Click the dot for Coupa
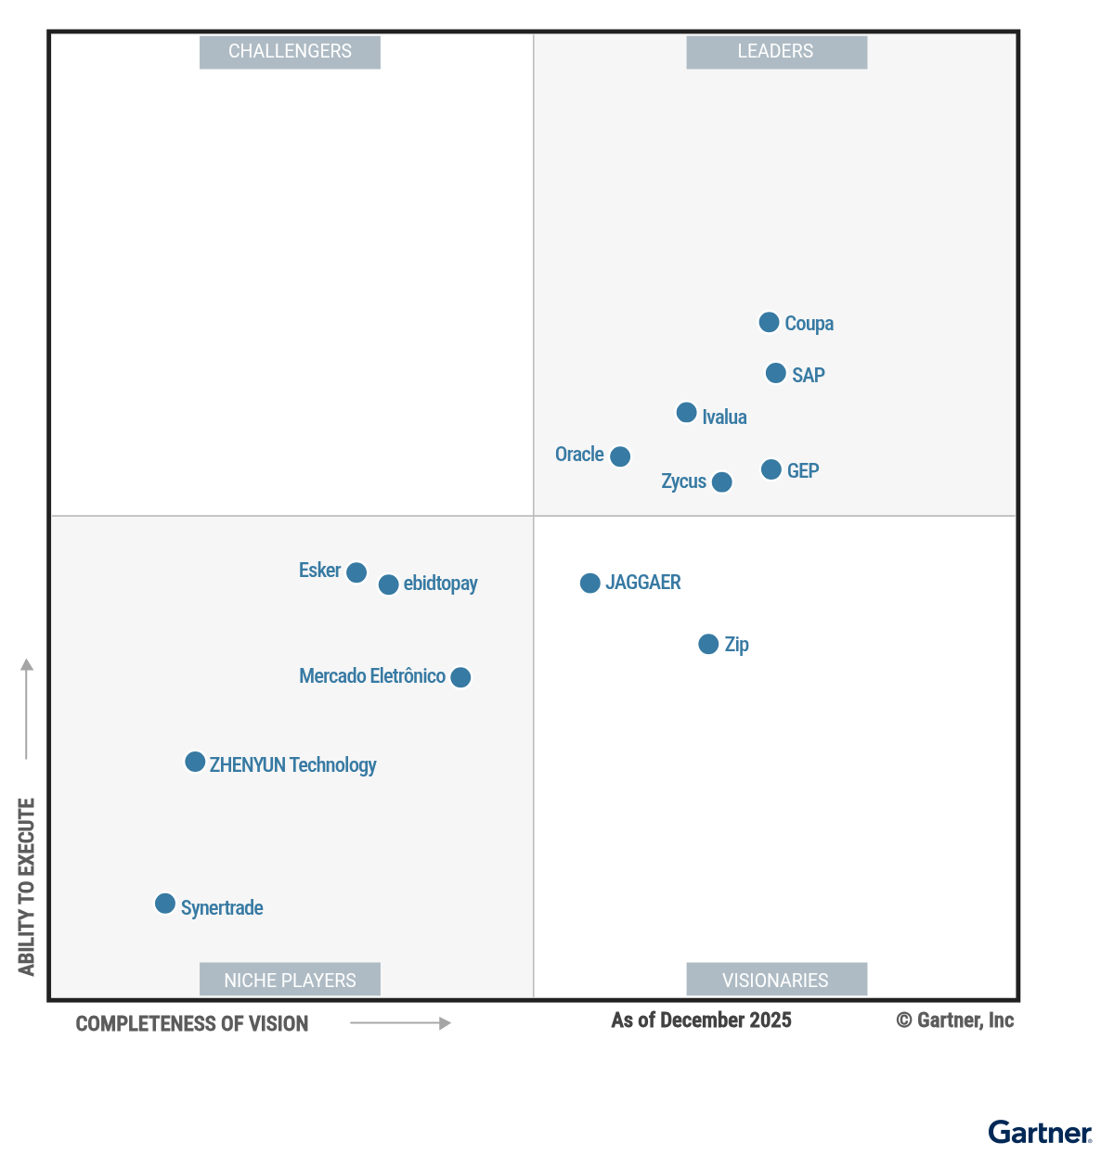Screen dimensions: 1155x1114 pos(769,322)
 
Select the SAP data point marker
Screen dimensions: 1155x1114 pos(776,373)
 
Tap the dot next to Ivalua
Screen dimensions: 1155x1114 pos(687,412)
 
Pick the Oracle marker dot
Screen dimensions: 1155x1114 pos(620,456)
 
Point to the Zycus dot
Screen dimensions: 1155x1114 pos(721,481)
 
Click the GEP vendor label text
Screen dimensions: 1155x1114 pos(803,470)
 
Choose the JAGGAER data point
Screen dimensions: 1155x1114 pos(590,583)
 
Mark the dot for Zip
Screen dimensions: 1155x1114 pos(708,644)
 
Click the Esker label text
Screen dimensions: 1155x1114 pos(319,570)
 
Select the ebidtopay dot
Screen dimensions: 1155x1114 pos(389,584)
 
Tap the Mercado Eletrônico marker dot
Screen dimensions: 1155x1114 pos(460,677)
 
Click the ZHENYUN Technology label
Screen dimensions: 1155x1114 pos(292,764)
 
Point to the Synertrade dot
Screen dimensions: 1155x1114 pos(165,904)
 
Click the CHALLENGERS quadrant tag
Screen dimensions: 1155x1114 pos(290,52)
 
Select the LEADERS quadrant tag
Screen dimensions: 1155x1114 pos(776,52)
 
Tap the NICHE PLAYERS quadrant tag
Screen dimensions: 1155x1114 pos(290,980)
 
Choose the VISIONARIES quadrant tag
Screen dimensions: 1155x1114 pos(776,980)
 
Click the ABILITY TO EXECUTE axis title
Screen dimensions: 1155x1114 pos(26,886)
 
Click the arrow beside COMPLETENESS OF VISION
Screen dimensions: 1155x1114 pos(400,1023)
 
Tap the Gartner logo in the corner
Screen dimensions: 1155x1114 pos(1040,1132)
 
